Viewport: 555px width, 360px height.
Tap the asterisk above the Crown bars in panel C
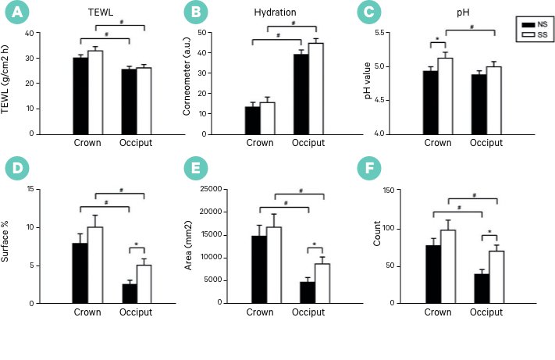pos(438,38)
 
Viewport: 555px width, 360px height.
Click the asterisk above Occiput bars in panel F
pos(489,232)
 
